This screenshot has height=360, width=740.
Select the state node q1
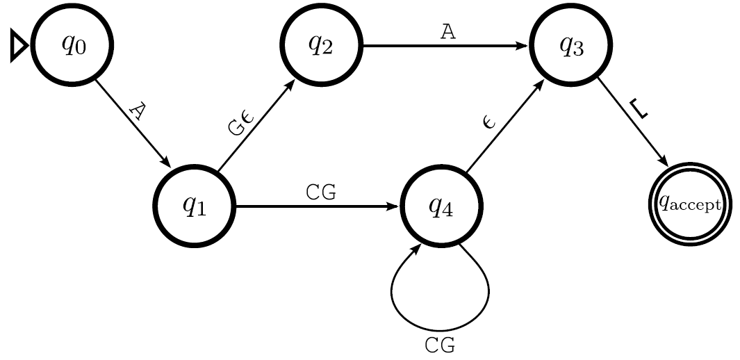point(195,206)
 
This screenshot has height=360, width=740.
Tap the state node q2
point(321,45)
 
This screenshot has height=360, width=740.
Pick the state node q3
point(571,45)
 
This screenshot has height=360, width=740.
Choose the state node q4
point(441,206)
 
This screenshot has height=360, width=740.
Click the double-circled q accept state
point(690,204)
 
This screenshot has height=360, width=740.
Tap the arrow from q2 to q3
point(445,46)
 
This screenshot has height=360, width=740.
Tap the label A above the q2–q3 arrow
point(449,31)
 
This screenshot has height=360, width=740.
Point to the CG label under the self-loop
point(440,345)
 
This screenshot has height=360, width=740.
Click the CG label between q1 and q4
point(320,193)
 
